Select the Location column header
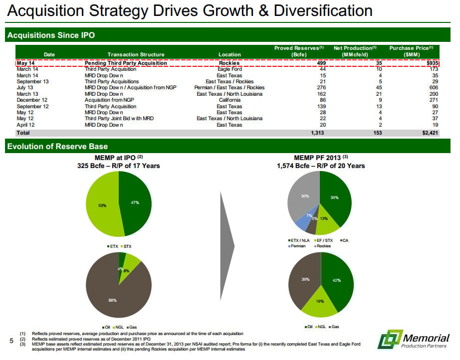tap(230, 54)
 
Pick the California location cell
tap(230, 100)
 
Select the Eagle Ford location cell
tap(230, 69)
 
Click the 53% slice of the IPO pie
tap(102, 204)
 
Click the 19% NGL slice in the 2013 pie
tap(320, 303)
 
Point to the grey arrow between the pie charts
tap(227, 244)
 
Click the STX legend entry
tap(127, 246)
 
